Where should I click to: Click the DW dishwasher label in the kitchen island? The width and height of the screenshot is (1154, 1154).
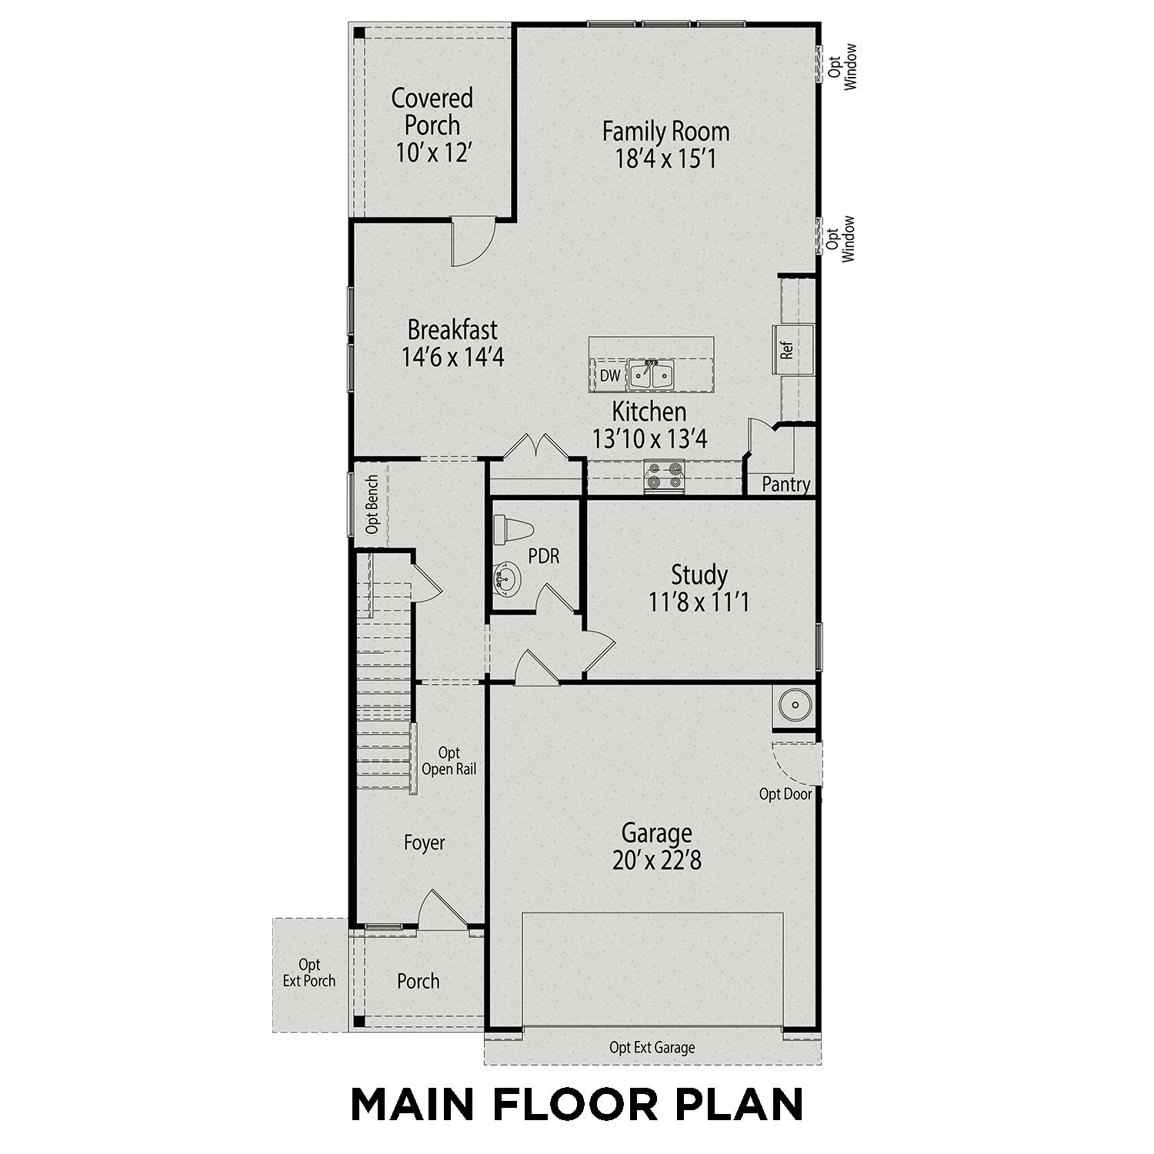610,376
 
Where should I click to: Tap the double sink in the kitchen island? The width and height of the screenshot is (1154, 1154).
651,375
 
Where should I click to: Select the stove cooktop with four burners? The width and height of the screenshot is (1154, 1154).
664,475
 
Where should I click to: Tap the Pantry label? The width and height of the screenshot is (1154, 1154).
785,485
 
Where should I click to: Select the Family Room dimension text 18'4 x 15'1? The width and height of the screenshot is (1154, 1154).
665,159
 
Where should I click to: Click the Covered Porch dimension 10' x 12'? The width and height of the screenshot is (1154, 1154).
432,153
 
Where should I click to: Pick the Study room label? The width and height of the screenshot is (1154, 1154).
699,575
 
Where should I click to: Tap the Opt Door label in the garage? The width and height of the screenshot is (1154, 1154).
785,794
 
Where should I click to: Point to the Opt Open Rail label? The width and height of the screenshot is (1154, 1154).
449,761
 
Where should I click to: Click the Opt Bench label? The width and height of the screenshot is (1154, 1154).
372,505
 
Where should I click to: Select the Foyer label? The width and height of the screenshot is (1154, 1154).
425,843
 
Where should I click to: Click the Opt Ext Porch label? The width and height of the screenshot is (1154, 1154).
309,972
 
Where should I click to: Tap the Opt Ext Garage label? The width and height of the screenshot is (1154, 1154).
652,1047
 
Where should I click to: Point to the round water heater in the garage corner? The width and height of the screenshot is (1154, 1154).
792,704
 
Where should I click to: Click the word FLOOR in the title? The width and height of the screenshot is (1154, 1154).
575,1104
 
